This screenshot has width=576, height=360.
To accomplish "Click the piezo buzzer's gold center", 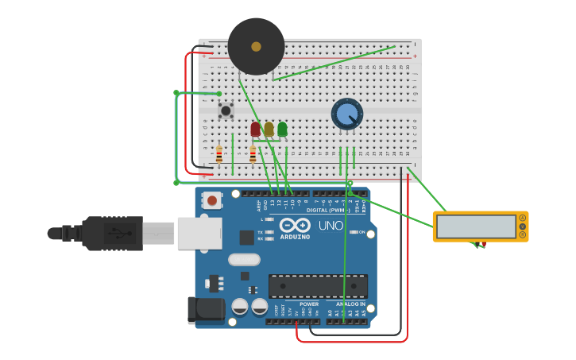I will click(256, 47).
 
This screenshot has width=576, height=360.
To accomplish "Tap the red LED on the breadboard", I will click(255, 129).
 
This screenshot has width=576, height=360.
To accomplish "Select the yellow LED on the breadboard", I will click(269, 129).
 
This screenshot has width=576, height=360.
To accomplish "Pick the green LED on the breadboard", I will click(282, 129).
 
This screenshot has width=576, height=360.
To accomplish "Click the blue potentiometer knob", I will click(346, 115).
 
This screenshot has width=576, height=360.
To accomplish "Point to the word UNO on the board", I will click(331, 226).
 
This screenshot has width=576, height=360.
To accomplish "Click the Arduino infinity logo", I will click(294, 225).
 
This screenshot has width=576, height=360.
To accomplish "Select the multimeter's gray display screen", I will click(476, 226).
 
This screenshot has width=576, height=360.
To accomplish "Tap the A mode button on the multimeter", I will click(522, 218).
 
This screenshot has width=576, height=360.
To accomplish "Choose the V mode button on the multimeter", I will click(522, 226).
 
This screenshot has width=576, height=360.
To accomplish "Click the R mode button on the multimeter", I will click(522, 235).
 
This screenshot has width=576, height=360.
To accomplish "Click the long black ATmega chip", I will click(318, 286).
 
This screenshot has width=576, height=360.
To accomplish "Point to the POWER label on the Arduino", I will click(309, 304).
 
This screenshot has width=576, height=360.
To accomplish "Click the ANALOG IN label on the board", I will click(350, 304).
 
